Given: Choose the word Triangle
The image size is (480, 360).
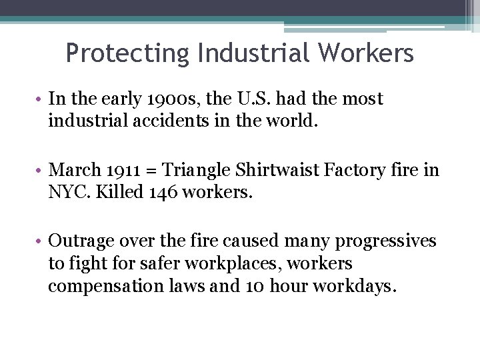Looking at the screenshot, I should tap(196, 171).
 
